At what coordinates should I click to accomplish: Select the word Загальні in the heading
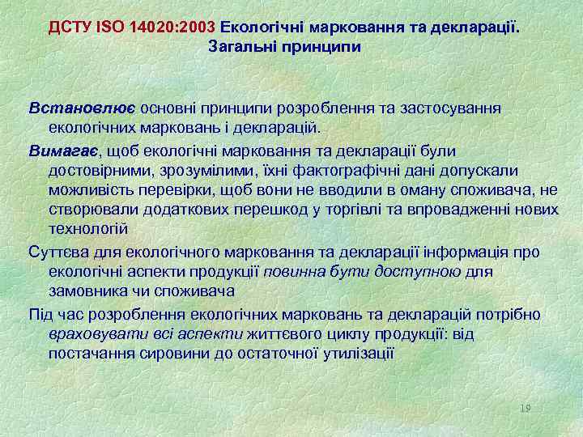click(240, 47)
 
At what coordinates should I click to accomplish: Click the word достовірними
click(100, 170)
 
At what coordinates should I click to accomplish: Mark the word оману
click(408, 190)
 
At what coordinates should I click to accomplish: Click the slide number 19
click(526, 409)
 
